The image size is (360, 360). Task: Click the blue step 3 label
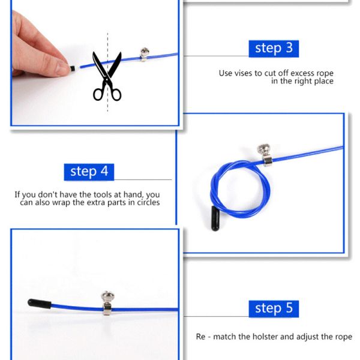pos(274,49)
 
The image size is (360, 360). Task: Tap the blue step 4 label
pos(89,171)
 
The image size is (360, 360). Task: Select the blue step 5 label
pos(274,308)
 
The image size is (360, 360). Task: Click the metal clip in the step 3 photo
pos(144,55)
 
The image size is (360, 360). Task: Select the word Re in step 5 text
pos(202,337)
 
